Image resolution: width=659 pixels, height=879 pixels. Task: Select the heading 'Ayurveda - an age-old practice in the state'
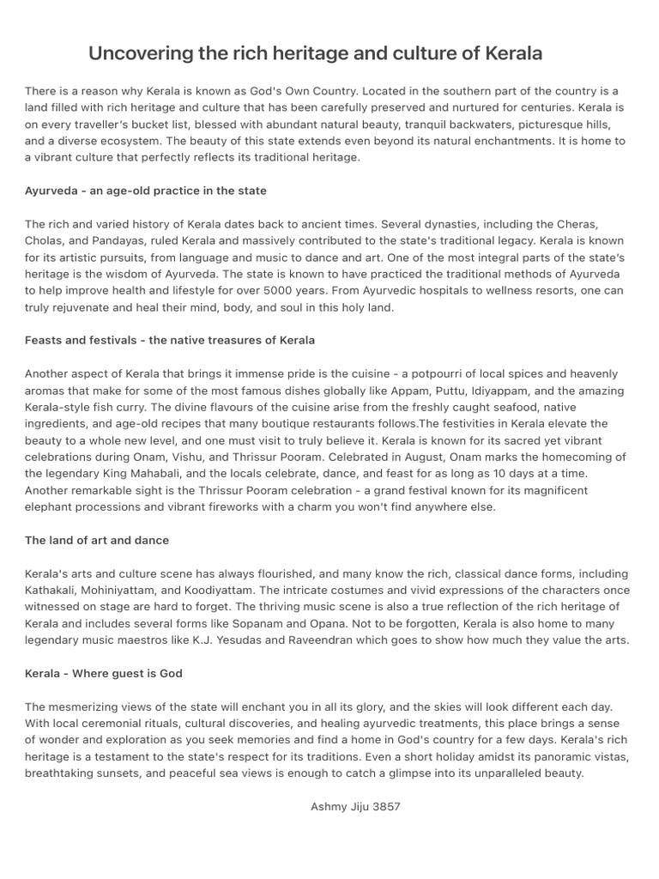click(x=146, y=191)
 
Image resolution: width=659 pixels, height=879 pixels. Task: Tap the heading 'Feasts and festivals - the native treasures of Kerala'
click(x=170, y=340)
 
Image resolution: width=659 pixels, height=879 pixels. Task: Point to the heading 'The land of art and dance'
click(x=97, y=540)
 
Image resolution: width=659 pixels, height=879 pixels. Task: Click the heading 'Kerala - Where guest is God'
click(x=104, y=673)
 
